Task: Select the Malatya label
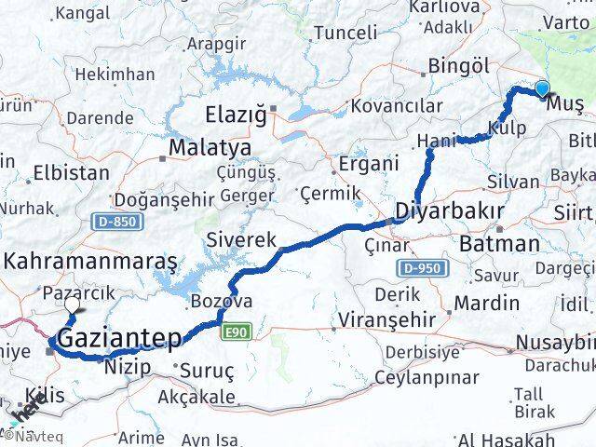tap(210, 148)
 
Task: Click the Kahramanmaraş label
tap(90, 263)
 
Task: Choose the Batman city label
tap(499, 244)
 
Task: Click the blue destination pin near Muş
tap(543, 89)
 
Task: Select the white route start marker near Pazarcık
tap(72, 304)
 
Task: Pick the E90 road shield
tap(235, 331)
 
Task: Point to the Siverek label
tap(242, 239)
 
